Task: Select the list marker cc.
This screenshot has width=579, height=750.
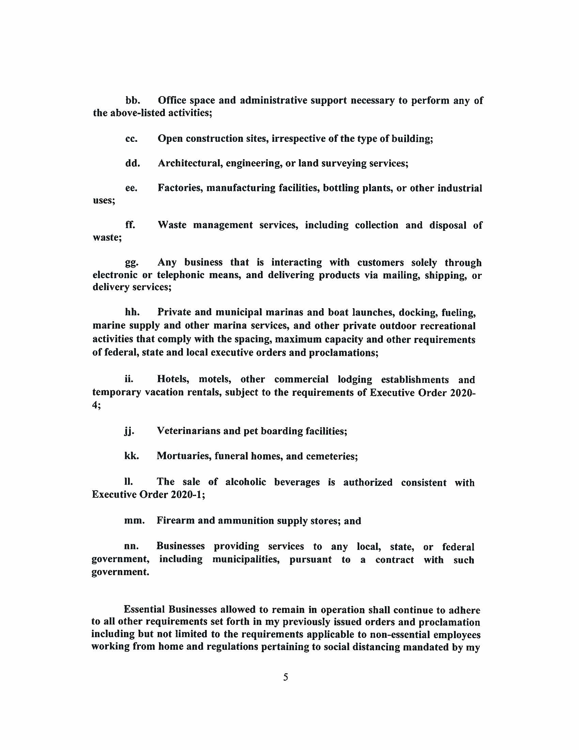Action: pos(131,139)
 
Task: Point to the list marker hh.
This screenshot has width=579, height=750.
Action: pos(132,313)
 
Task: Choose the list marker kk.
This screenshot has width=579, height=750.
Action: pos(131,456)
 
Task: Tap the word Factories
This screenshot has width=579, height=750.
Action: pos(179,188)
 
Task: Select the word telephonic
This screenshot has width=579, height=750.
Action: pos(179,275)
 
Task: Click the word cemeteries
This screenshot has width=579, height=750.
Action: pos(332,456)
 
